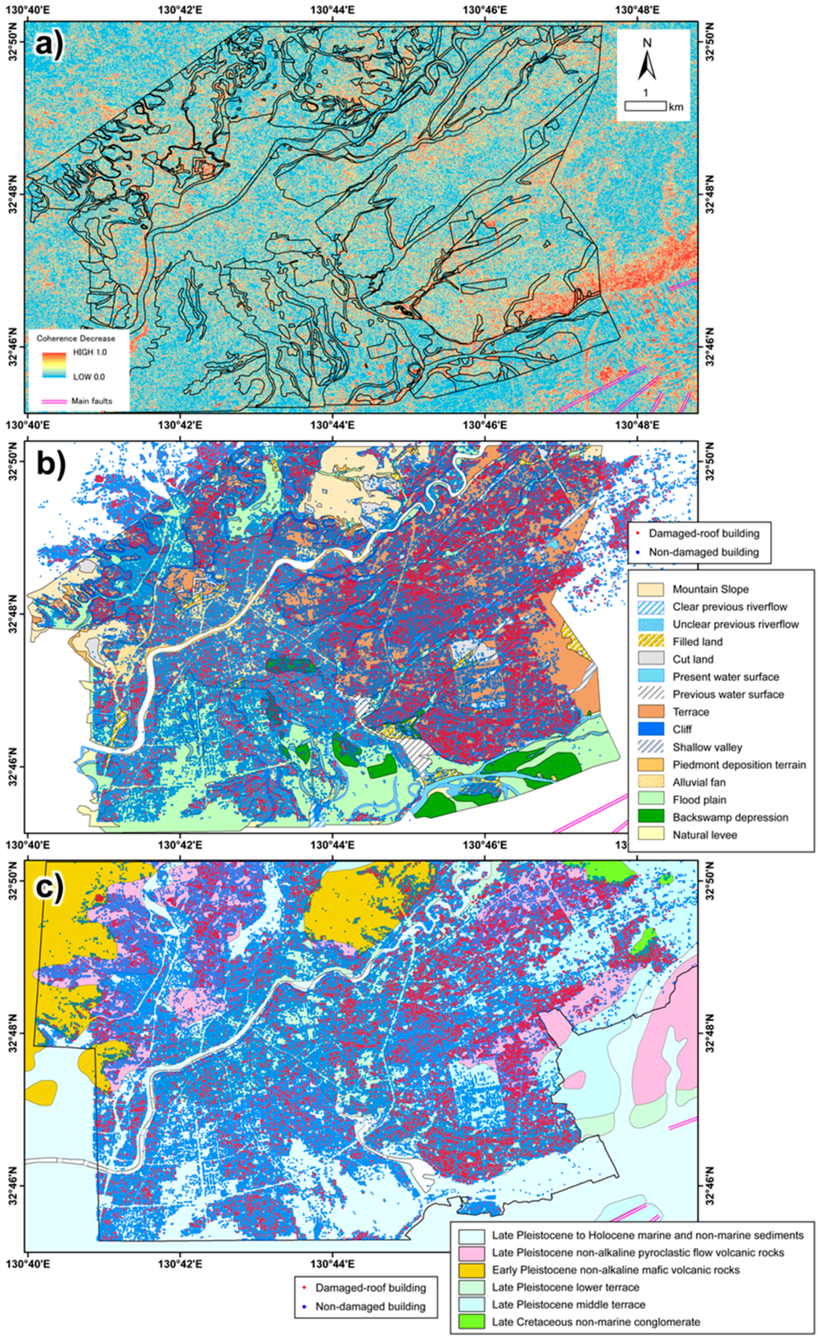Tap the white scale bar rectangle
point(645,106)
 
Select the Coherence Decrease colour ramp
point(54,364)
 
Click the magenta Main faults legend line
point(54,401)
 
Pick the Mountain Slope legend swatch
point(651,589)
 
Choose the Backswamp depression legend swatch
point(651,817)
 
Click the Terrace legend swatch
point(651,711)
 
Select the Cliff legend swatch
point(651,729)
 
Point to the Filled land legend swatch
point(651,641)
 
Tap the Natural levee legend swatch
point(651,834)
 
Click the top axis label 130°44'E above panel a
point(332,9)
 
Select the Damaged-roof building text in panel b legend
point(703,533)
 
